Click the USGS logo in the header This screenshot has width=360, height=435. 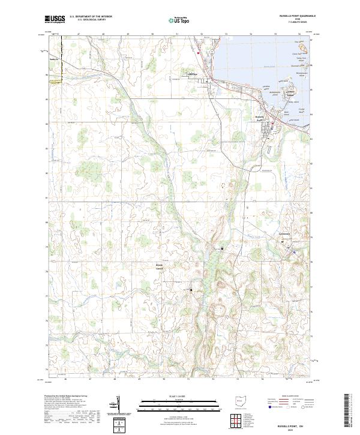pos(55,19)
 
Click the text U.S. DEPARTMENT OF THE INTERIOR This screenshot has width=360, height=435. pos(91,17)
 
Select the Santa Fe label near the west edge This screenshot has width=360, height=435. pos(53,60)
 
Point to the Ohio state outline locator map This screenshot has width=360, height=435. pos(240,401)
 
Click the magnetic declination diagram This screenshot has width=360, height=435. pos(118,404)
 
